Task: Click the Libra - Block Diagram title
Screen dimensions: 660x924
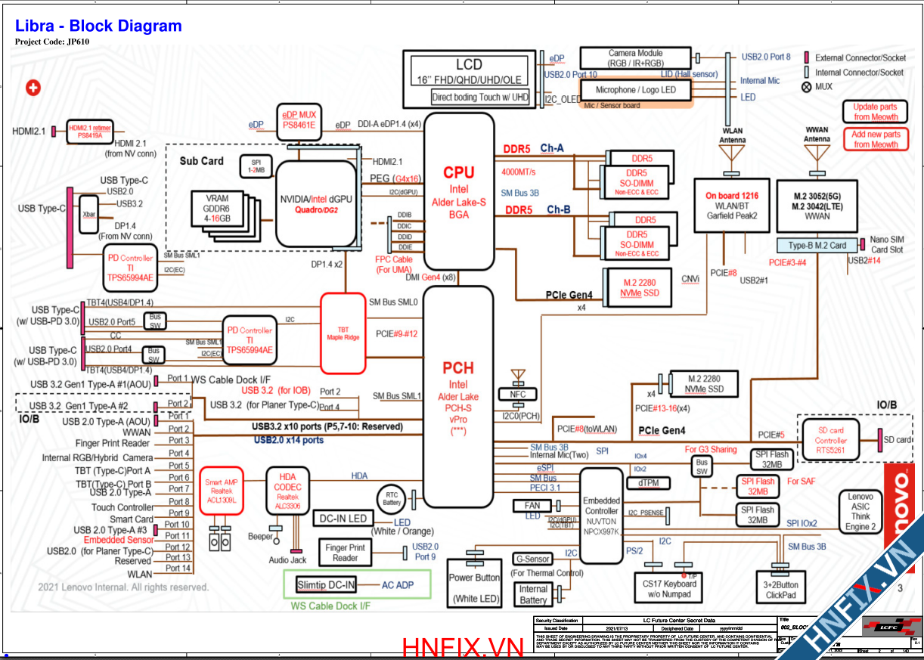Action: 98,26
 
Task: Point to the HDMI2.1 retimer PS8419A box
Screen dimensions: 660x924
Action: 90,131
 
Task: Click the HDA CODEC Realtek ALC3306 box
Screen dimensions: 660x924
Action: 287,491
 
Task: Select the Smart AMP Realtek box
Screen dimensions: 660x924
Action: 220,492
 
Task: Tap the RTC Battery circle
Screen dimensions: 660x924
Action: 392,499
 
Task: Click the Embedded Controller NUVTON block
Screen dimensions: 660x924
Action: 601,516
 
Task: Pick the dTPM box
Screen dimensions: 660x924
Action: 647,482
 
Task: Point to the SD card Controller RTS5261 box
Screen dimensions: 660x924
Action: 830,440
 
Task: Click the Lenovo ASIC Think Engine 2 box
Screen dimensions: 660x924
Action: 860,512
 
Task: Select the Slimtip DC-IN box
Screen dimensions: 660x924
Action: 326,585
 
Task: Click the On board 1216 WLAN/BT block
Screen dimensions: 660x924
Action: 732,205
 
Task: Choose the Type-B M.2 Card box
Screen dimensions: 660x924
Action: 817,245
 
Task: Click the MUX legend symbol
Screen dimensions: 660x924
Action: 806,86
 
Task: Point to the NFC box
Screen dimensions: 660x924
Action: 518,394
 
